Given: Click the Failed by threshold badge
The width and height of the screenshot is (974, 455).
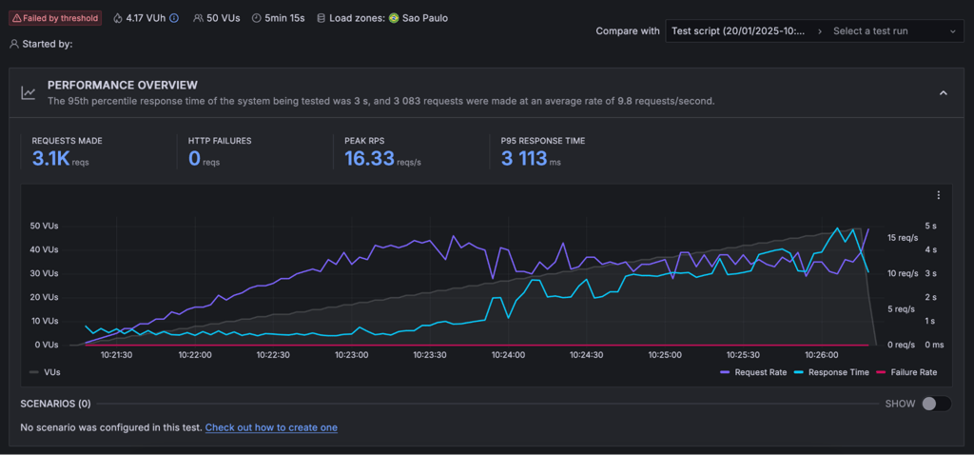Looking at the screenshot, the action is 54,18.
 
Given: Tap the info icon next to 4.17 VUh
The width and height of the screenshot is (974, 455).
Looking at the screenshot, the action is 174,18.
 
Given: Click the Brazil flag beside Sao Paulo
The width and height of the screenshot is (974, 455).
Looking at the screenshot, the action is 394,18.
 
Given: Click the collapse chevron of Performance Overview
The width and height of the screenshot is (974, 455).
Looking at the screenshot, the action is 943,92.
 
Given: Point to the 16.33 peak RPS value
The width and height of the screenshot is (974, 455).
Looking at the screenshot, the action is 370,159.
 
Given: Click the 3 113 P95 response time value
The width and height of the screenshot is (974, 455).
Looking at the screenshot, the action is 524,159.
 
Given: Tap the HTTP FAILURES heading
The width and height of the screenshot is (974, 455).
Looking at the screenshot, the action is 220,141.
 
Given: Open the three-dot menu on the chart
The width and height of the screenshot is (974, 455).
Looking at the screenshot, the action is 939,195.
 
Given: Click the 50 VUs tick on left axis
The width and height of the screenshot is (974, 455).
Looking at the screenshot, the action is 44,226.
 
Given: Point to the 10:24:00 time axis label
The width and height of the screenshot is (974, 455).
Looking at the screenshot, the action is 508,355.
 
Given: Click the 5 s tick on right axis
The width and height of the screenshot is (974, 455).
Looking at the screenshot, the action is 930,226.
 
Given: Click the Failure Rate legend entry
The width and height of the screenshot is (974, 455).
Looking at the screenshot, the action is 906,372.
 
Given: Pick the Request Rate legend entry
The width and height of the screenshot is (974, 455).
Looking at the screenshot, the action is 754,372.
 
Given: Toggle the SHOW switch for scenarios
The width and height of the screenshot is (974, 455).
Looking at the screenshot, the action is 936,404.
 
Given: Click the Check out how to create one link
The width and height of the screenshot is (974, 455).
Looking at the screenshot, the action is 271,427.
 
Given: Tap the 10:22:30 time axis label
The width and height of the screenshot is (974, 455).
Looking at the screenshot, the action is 273,355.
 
